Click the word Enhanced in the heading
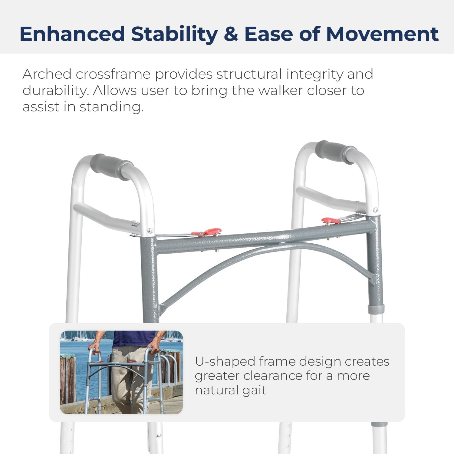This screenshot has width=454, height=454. click(x=72, y=34)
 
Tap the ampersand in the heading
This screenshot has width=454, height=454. click(x=231, y=34)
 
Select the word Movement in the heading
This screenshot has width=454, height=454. click(x=382, y=34)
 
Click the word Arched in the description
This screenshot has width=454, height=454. click(x=47, y=74)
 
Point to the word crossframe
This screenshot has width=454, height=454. click(x=113, y=74)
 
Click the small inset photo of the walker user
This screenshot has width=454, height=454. click(x=121, y=372)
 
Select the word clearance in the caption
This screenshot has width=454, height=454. click(x=272, y=376)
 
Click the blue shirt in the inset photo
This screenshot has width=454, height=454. click(x=133, y=339)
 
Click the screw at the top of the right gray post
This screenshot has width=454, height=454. click(x=375, y=210)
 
